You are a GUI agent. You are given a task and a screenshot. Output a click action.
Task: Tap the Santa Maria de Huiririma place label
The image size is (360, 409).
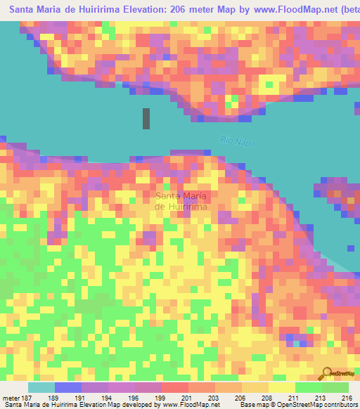tap(181, 201)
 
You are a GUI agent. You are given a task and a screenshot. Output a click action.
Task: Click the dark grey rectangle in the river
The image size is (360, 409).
tap(146, 118)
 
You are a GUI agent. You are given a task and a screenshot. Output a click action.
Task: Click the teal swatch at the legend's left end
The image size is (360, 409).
tap(41, 387)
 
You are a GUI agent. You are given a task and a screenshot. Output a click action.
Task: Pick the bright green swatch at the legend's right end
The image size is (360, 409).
tap(335, 387)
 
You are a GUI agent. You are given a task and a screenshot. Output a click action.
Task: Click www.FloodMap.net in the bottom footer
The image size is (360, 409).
tap(191, 405)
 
